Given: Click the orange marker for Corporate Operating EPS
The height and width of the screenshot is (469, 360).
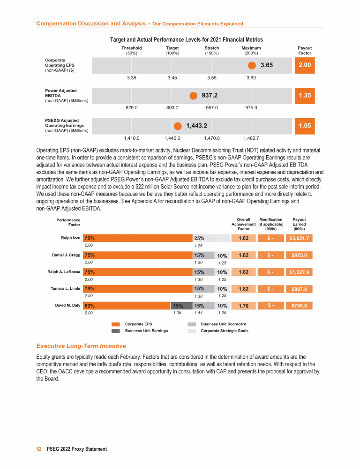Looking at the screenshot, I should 252,66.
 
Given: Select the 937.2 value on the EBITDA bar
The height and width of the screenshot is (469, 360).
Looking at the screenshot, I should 210,96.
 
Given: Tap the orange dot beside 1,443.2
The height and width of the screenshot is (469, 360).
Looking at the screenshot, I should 178,126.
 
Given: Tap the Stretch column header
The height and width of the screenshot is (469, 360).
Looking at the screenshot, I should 212,48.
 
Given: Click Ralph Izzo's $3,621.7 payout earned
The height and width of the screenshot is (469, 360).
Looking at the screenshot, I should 299,238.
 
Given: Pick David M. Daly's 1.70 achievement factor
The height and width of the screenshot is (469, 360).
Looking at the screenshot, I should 243,306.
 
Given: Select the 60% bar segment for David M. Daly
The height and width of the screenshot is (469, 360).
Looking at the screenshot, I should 126,306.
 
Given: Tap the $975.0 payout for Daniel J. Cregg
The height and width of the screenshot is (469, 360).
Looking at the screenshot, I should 299,255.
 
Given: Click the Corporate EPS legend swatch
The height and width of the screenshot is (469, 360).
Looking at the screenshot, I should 116,324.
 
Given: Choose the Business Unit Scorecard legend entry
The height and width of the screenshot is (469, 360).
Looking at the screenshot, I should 223,324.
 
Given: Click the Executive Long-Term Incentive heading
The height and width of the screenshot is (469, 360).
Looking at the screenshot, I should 81,346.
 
